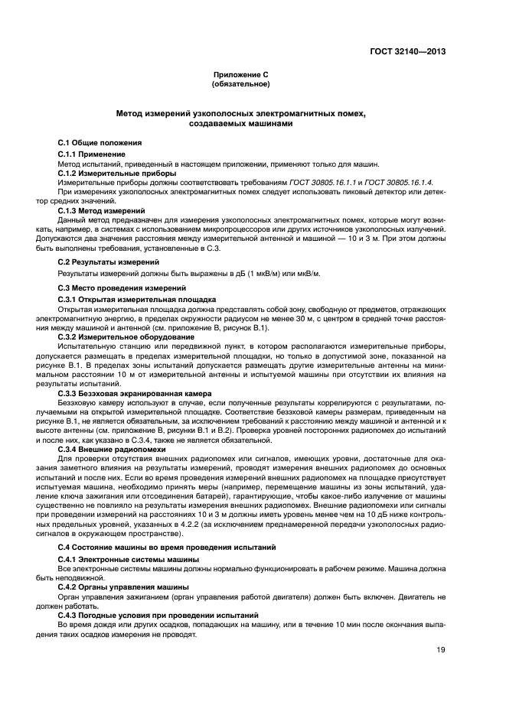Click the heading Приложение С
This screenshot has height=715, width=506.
(x=241, y=75)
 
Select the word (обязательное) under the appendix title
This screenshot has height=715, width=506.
(x=241, y=84)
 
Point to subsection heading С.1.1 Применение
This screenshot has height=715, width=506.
(x=92, y=154)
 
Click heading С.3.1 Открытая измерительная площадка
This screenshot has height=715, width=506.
(x=126, y=298)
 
